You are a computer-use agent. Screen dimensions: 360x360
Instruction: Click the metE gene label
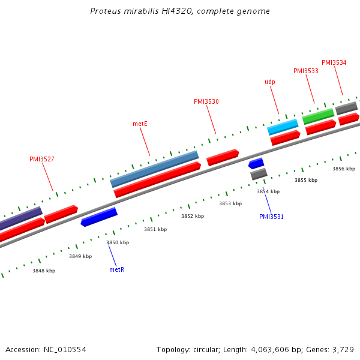140,124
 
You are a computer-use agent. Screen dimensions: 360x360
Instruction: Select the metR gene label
116,270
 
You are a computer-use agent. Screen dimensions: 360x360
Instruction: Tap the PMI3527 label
42,160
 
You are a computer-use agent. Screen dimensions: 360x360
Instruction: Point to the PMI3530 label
206,102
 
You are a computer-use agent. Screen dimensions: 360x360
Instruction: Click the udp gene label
270,82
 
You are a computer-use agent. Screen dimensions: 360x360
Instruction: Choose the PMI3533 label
305,71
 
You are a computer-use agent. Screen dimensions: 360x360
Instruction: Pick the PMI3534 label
334,62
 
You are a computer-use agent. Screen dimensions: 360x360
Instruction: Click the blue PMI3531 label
271,217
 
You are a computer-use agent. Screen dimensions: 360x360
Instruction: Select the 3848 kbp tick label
44,271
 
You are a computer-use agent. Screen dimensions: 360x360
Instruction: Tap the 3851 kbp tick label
155,229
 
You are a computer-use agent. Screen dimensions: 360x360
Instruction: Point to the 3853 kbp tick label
230,203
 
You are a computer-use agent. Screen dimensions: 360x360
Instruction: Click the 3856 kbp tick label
344,169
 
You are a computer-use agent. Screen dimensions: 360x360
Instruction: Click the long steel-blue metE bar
154,169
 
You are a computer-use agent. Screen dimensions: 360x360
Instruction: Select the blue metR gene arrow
99,217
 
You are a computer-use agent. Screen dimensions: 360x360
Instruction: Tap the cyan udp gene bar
282,127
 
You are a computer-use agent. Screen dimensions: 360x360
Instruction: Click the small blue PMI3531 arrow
256,163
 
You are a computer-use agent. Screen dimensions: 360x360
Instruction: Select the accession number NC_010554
65,349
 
